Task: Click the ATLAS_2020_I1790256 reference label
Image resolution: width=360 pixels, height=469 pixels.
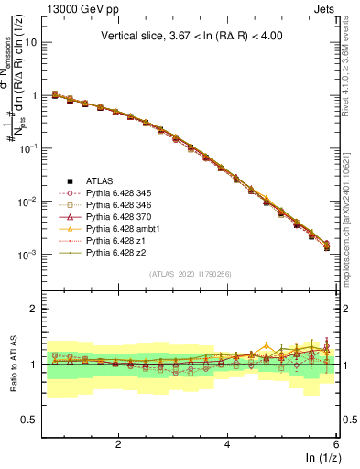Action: [x=191, y=274]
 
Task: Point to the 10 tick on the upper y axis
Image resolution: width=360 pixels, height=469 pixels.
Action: [x=36, y=42]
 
